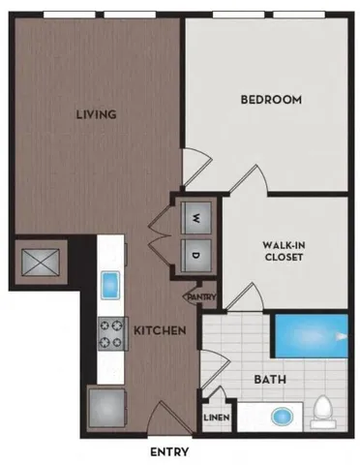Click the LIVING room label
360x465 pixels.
click(x=97, y=114)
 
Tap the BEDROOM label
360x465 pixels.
click(x=270, y=99)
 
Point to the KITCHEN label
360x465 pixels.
click(x=159, y=331)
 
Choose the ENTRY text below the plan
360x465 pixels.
click(x=169, y=451)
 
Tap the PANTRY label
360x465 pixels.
click(x=200, y=297)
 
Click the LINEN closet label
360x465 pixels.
click(x=215, y=418)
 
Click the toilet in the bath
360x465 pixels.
click(x=323, y=413)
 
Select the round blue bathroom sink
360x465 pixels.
click(x=282, y=418)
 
